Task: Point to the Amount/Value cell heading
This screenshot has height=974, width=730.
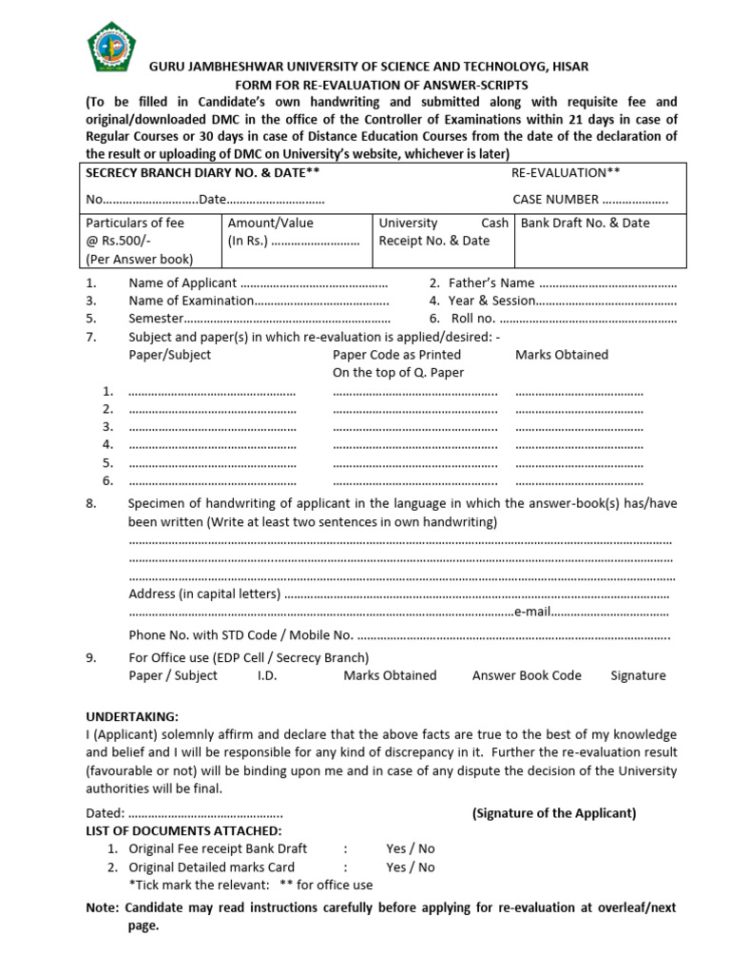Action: click(271, 223)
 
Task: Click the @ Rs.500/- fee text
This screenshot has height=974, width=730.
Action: click(119, 241)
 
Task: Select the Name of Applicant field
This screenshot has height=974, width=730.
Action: click(258, 283)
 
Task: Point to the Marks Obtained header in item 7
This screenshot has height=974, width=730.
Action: click(562, 355)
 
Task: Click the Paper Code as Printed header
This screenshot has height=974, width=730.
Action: click(383, 355)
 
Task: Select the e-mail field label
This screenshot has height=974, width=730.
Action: click(531, 612)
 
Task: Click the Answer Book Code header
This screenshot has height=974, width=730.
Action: click(527, 675)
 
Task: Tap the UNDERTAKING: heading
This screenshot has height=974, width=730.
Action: click(132, 716)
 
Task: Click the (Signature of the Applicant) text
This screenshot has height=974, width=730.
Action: click(554, 812)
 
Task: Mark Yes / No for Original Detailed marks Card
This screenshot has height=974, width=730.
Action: click(411, 867)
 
